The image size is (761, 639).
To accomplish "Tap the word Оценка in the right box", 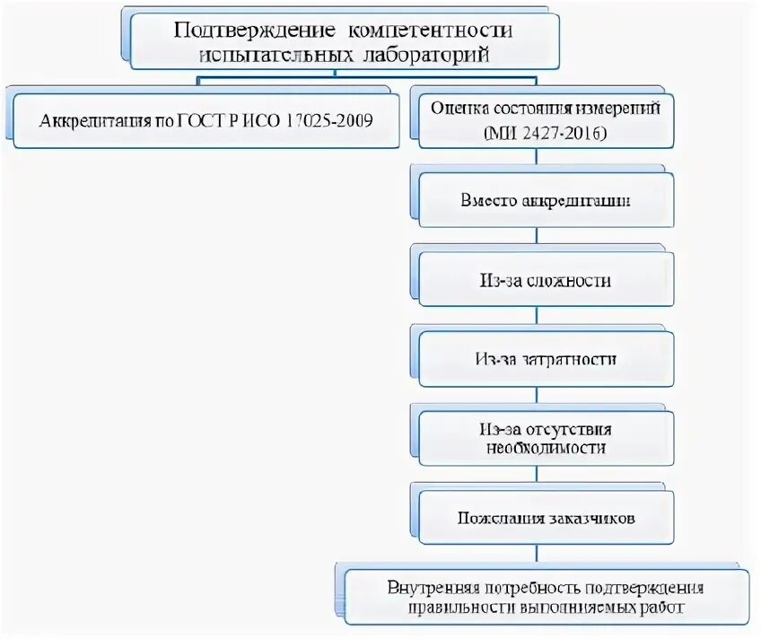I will [x=456, y=109].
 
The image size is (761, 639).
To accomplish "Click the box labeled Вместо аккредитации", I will [x=546, y=200].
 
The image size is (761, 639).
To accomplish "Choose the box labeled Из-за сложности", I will [x=546, y=281].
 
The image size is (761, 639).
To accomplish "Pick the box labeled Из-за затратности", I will [x=546, y=359].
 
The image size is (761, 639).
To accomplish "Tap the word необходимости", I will [x=546, y=447].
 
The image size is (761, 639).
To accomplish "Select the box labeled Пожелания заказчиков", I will [x=546, y=519].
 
